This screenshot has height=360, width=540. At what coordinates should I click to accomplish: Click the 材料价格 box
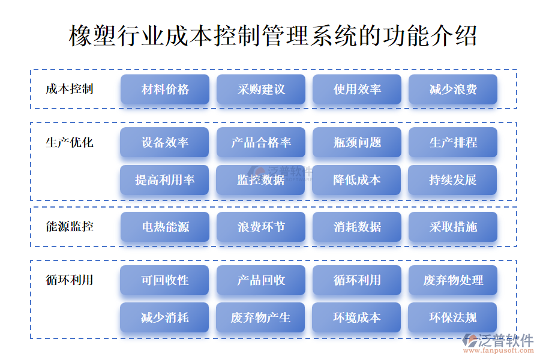pyautogui.click(x=165, y=89)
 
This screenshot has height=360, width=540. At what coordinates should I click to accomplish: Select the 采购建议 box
pyautogui.click(x=261, y=89)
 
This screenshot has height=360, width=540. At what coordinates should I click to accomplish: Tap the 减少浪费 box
pyautogui.click(x=453, y=89)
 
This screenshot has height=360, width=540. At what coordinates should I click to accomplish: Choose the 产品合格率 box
pyautogui.click(x=261, y=142)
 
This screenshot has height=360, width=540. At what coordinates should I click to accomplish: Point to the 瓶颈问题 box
pyautogui.click(x=357, y=142)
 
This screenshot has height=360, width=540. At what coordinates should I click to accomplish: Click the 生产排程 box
pyautogui.click(x=453, y=142)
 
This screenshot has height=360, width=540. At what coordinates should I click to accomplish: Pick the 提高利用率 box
pyautogui.click(x=164, y=180)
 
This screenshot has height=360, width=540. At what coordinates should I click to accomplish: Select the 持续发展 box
pyautogui.click(x=452, y=180)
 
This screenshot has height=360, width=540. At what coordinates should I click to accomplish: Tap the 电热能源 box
pyautogui.click(x=165, y=227)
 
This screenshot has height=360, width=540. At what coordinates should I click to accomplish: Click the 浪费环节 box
pyautogui.click(x=261, y=227)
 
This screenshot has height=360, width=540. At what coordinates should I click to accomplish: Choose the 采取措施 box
pyautogui.click(x=453, y=227)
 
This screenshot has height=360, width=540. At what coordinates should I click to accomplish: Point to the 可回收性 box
pyautogui.click(x=164, y=280)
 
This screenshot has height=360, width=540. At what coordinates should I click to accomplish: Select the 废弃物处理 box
pyautogui.click(x=453, y=280)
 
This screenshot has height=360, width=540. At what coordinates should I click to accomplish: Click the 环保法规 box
pyautogui.click(x=452, y=317)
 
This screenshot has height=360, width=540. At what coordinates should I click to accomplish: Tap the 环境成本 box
pyautogui.click(x=356, y=317)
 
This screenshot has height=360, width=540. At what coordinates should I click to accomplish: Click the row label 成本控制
pyautogui.click(x=70, y=89)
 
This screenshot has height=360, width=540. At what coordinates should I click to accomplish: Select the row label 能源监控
pyautogui.click(x=70, y=226)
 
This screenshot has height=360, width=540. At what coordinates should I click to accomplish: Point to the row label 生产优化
pyautogui.click(x=70, y=142)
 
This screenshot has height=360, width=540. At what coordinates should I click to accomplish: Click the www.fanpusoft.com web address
pyautogui.click(x=499, y=350)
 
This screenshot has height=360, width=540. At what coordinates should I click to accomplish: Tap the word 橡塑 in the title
pyautogui.click(x=92, y=36)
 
